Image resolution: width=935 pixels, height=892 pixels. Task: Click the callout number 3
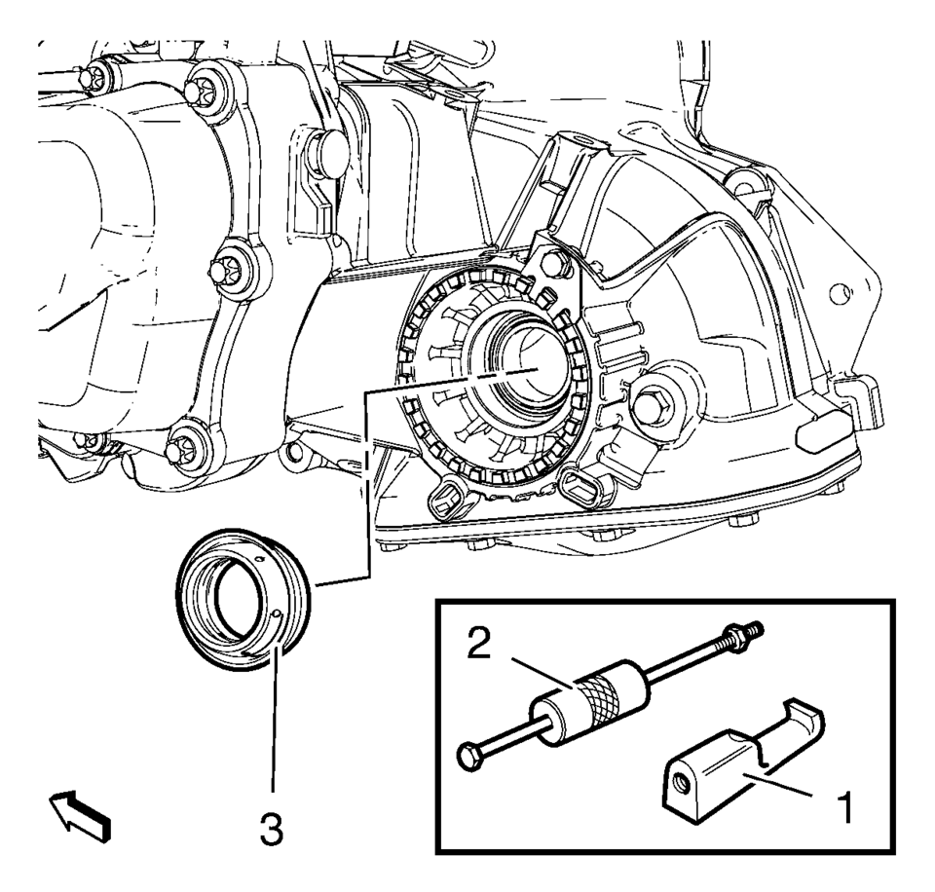(272, 830)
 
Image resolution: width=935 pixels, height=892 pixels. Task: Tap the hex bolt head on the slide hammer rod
(468, 756)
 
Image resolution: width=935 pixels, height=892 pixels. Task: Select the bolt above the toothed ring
(552, 263)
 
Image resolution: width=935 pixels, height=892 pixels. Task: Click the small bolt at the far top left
(93, 77)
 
